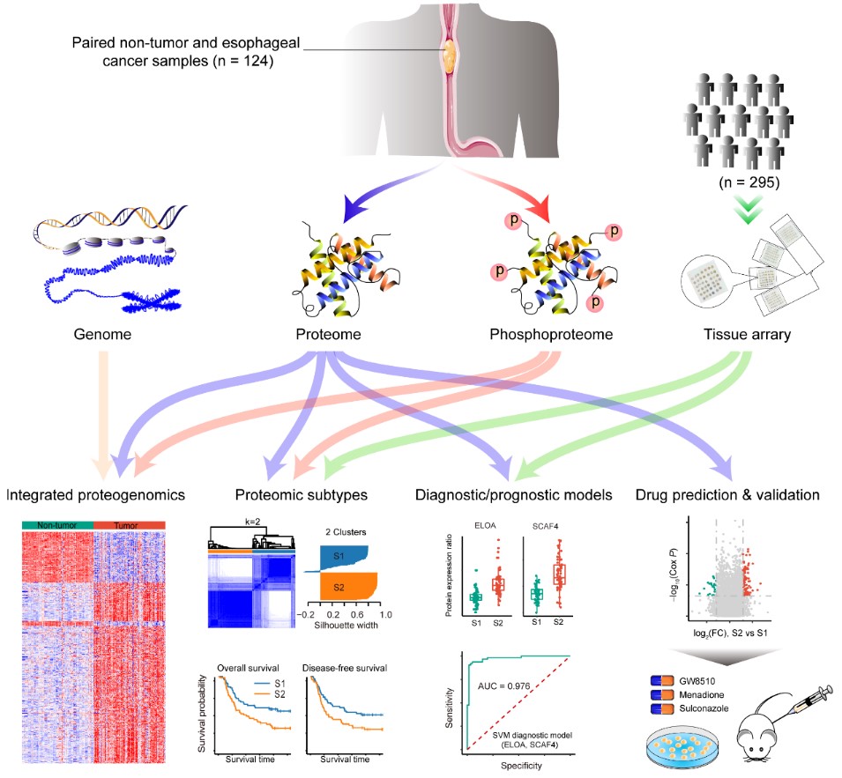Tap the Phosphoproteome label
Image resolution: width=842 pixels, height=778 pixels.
click(550, 334)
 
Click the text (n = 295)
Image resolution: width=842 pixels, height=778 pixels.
click(747, 186)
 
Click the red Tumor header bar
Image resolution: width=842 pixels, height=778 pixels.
click(129, 525)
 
